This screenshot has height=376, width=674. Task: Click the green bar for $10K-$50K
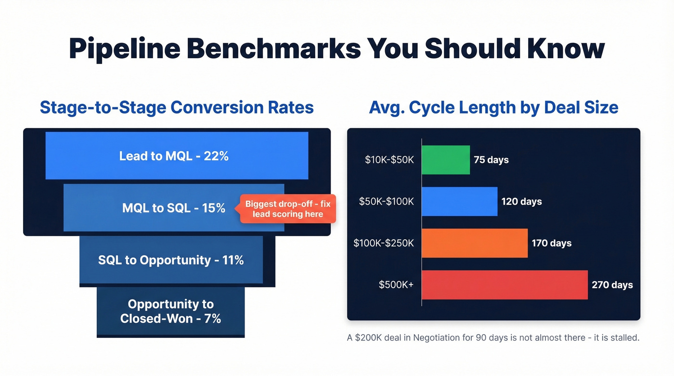[445, 160]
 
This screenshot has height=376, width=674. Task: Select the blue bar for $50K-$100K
[459, 201]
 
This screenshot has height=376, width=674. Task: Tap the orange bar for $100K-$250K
[475, 243]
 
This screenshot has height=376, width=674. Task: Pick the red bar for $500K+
[505, 285]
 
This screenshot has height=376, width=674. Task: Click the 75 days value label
[491, 160]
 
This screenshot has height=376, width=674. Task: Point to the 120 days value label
[521, 202]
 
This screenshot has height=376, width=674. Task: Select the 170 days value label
[551, 243]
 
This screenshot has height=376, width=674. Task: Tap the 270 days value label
[612, 285]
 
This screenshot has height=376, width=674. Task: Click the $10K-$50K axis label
[389, 160]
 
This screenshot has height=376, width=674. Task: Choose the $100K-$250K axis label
[383, 243]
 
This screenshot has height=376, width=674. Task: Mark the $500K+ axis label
[396, 285]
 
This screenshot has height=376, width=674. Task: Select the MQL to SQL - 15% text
[174, 208]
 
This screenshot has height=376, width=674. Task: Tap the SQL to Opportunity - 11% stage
[171, 260]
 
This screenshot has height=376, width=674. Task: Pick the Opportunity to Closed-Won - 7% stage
[170, 311]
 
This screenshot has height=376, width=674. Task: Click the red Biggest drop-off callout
[288, 209]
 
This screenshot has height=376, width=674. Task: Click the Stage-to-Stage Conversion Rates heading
[177, 107]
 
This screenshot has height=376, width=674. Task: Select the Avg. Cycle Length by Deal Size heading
[493, 107]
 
